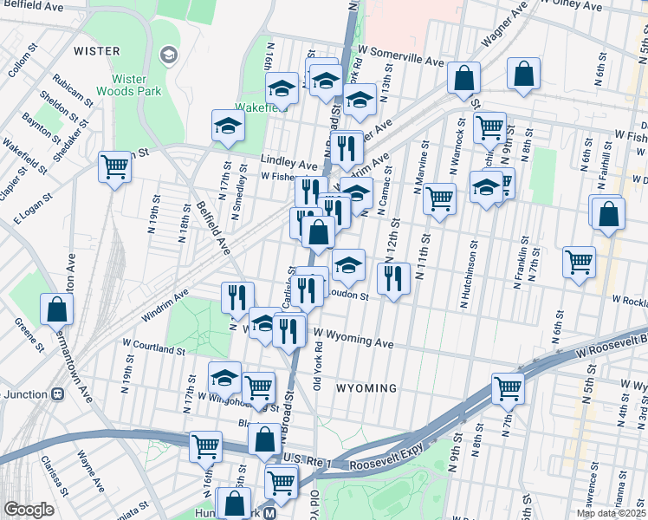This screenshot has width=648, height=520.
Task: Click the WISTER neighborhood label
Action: point(97,51)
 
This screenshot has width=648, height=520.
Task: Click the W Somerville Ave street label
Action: point(404,62)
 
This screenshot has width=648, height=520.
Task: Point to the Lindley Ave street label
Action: point(289,163)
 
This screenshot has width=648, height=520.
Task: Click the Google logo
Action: point(29,510)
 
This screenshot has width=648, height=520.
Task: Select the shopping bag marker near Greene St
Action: point(56,309)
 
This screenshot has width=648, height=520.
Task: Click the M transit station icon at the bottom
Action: point(269,512)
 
